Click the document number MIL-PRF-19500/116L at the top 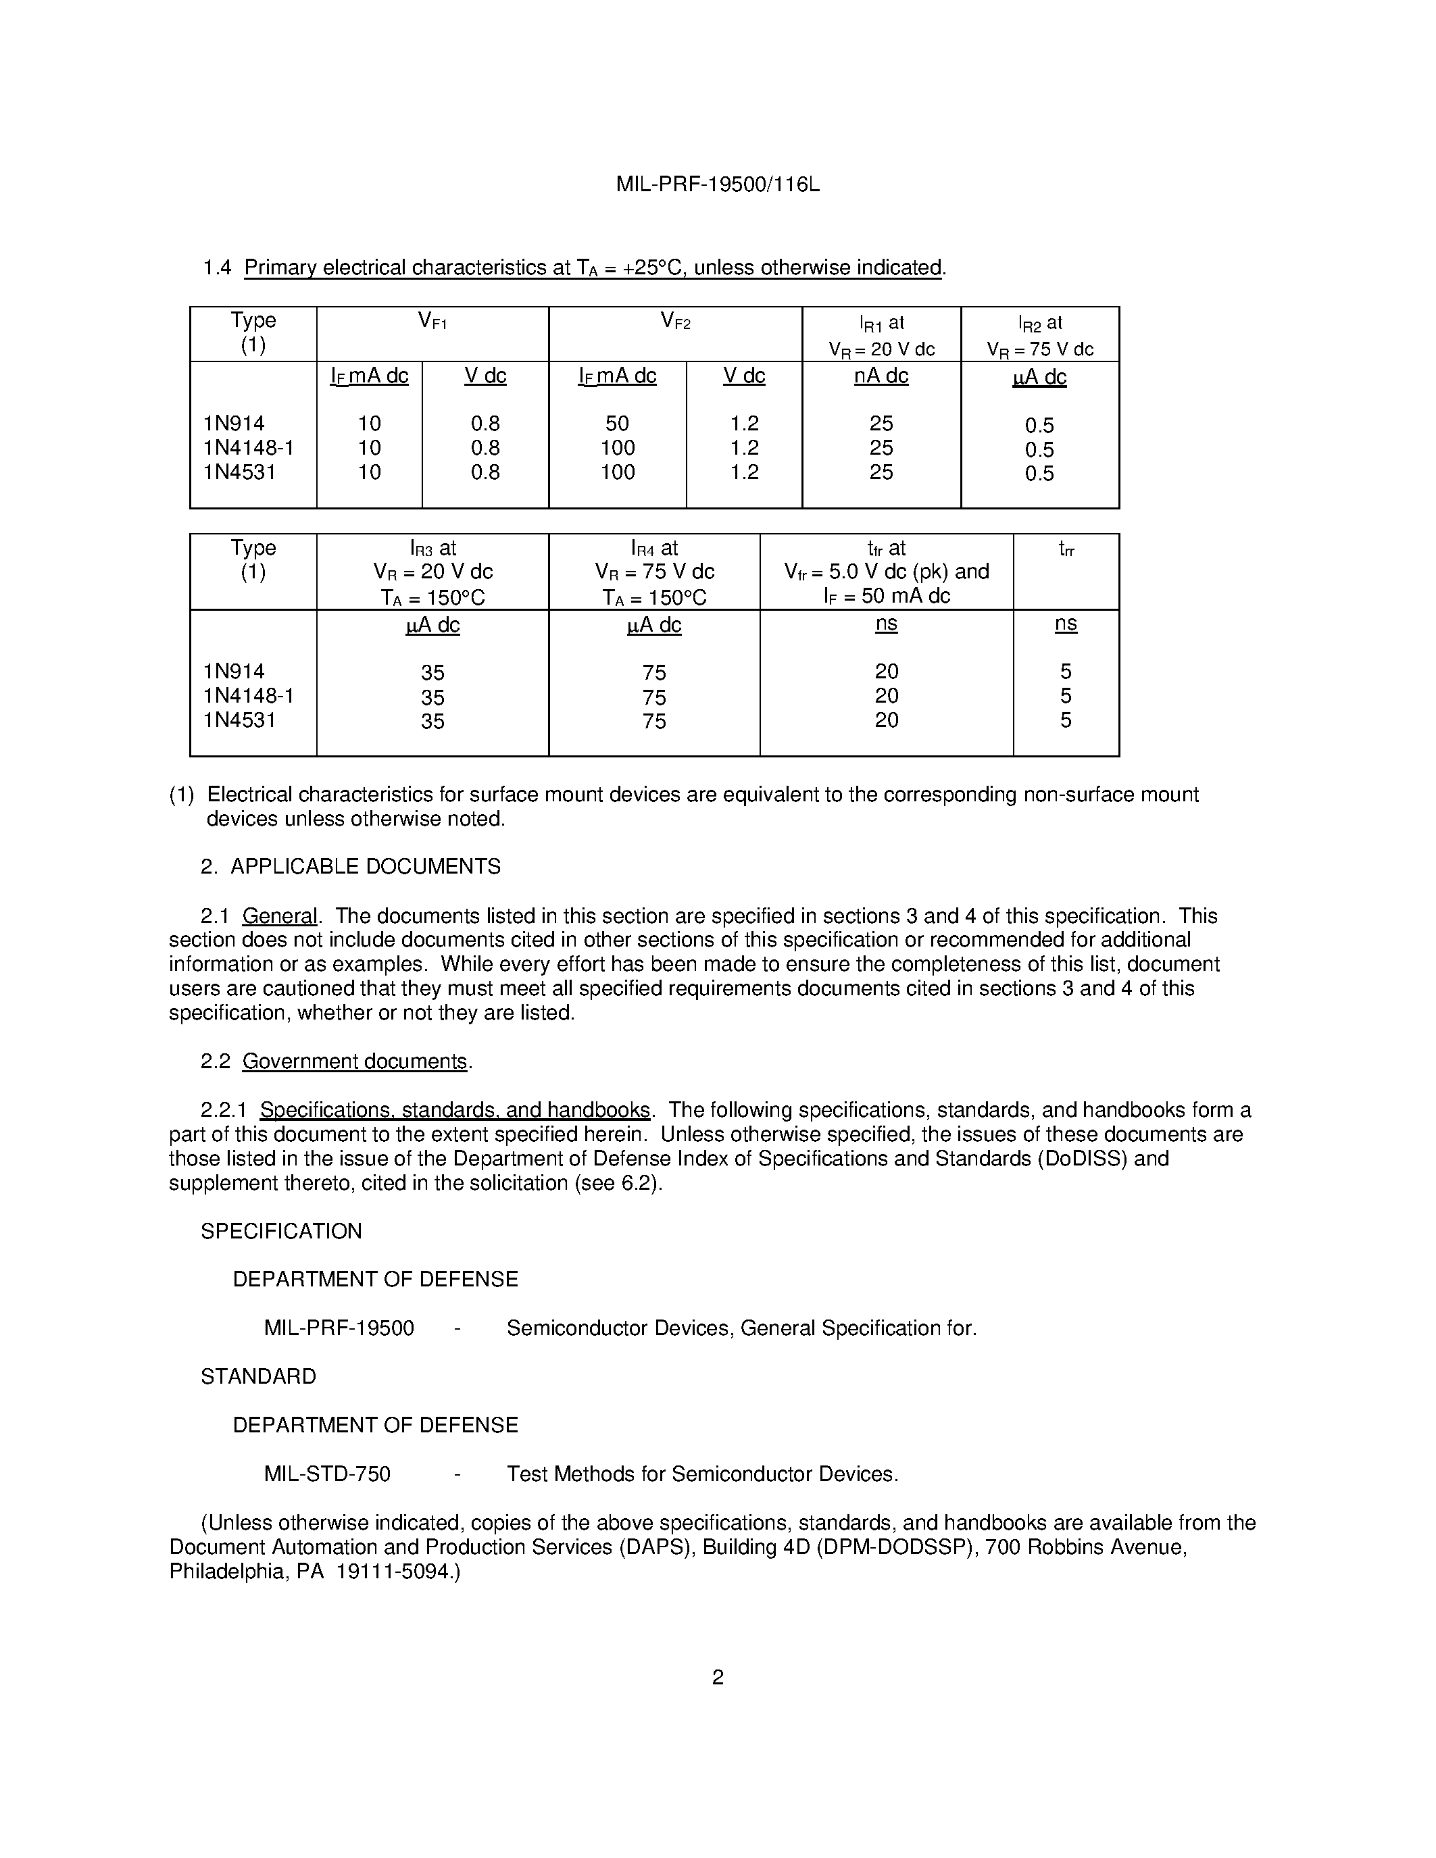(717, 184)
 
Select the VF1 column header (432, 322)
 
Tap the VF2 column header (676, 322)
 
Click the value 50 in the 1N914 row (617, 424)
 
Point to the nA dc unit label (881, 376)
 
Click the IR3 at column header (432, 549)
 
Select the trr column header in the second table (1065, 549)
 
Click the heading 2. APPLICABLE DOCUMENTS (351, 867)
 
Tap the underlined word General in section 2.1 (279, 916)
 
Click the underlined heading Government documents (355, 1061)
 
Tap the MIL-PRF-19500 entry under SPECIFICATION (339, 1329)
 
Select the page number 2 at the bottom (717, 1678)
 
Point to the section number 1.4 (217, 268)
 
